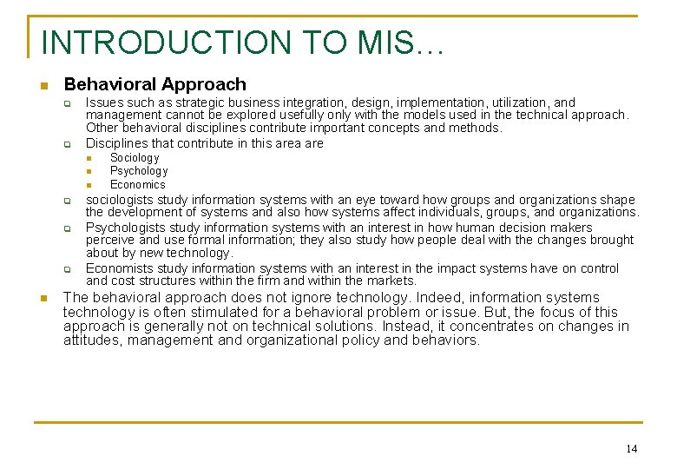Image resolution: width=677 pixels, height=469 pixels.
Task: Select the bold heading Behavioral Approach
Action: (155, 84)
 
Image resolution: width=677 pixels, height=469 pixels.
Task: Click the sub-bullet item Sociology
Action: (135, 158)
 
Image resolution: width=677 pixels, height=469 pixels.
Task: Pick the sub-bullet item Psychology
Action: (139, 171)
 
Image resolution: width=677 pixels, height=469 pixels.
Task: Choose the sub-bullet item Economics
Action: (137, 184)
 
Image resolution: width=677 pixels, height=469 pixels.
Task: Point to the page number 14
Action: (631, 448)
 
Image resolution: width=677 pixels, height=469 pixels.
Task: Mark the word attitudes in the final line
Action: (92, 340)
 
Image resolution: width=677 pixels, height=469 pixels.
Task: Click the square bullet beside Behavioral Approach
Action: (44, 85)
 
